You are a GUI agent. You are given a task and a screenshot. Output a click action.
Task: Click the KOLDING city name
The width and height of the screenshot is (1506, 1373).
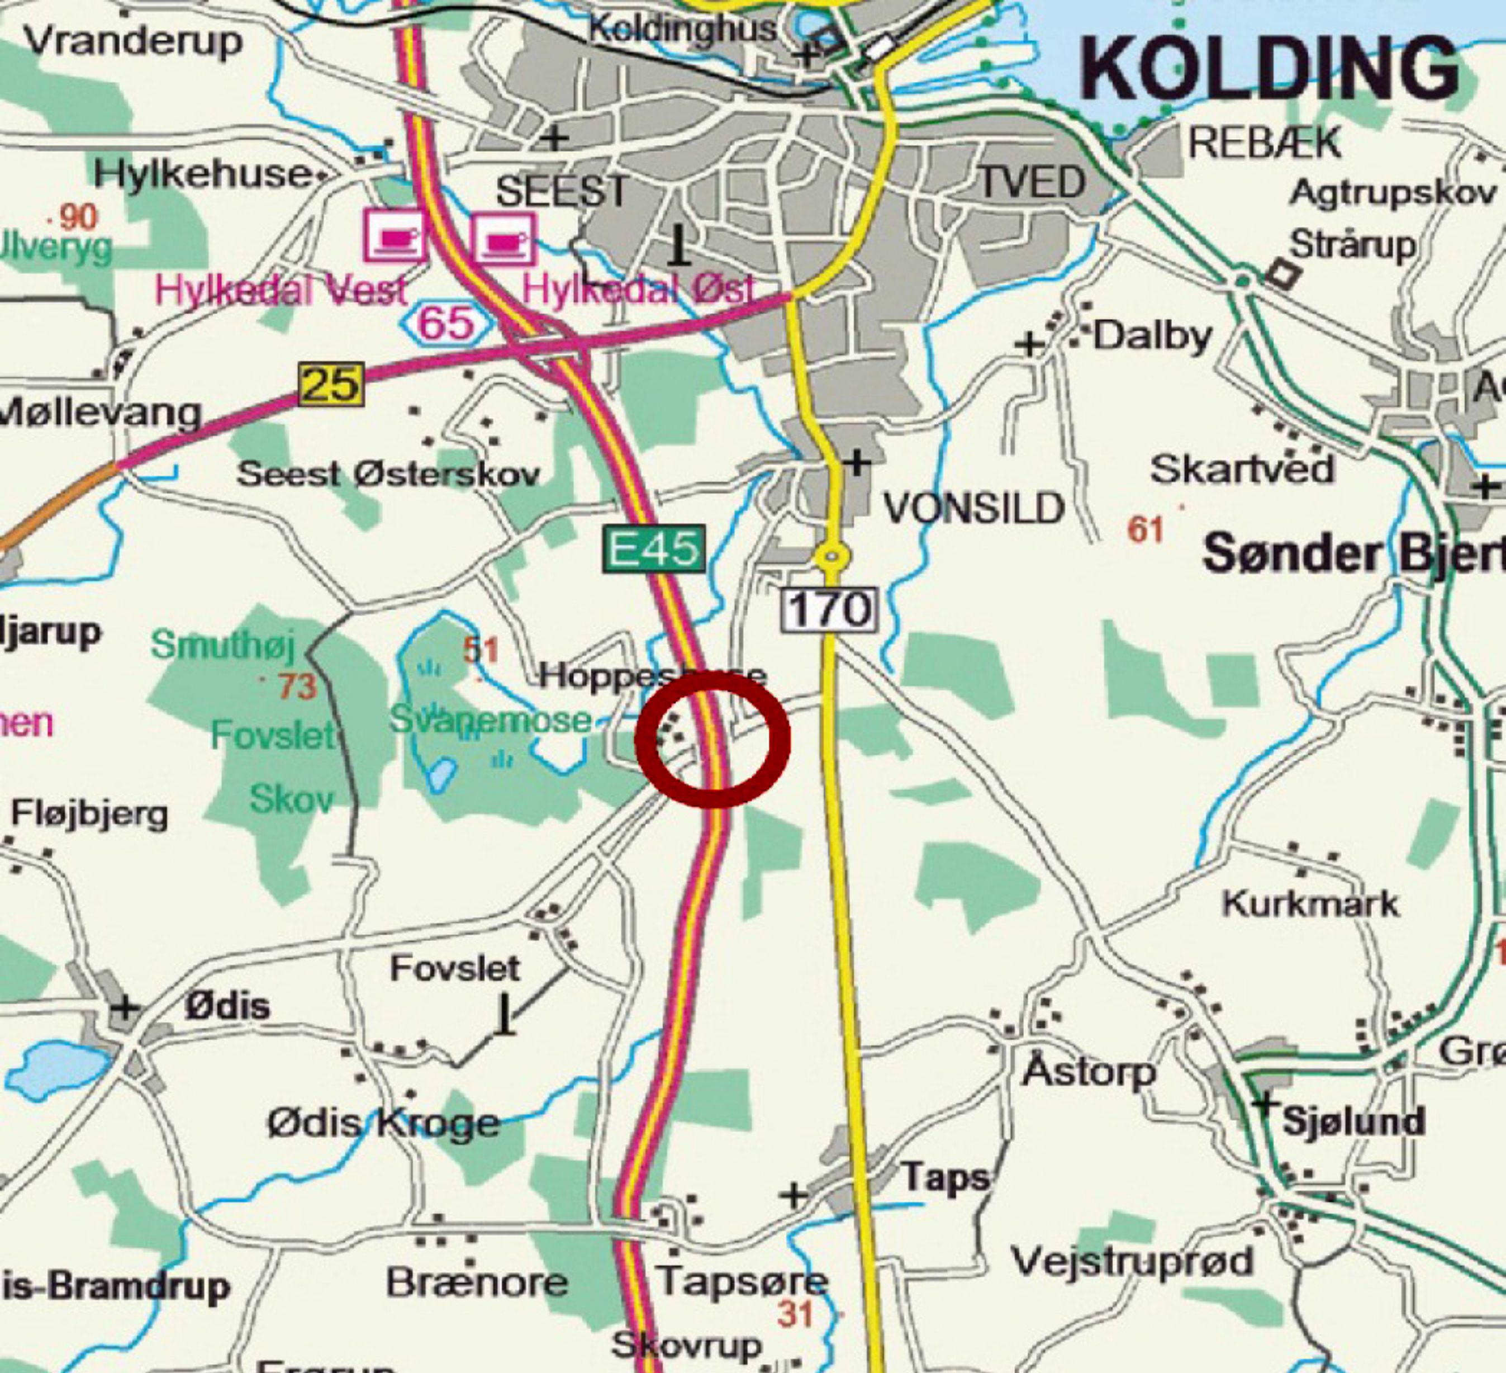click(x=1269, y=69)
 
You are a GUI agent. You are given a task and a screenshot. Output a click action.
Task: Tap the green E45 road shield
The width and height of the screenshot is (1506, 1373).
click(x=654, y=550)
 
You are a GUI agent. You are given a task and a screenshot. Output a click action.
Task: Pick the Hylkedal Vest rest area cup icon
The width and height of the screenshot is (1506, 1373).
click(x=395, y=236)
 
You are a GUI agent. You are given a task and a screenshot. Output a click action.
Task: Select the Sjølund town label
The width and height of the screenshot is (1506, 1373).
click(x=1353, y=1121)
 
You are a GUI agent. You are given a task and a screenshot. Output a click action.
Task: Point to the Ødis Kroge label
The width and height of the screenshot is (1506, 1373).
click(x=384, y=1123)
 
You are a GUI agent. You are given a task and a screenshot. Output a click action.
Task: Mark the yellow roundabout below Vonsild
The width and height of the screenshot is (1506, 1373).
click(x=832, y=556)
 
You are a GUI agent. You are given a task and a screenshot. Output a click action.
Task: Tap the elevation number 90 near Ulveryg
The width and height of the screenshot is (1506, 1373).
click(x=78, y=217)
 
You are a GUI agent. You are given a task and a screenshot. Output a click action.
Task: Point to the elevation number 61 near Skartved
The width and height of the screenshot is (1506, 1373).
click(x=1145, y=530)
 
